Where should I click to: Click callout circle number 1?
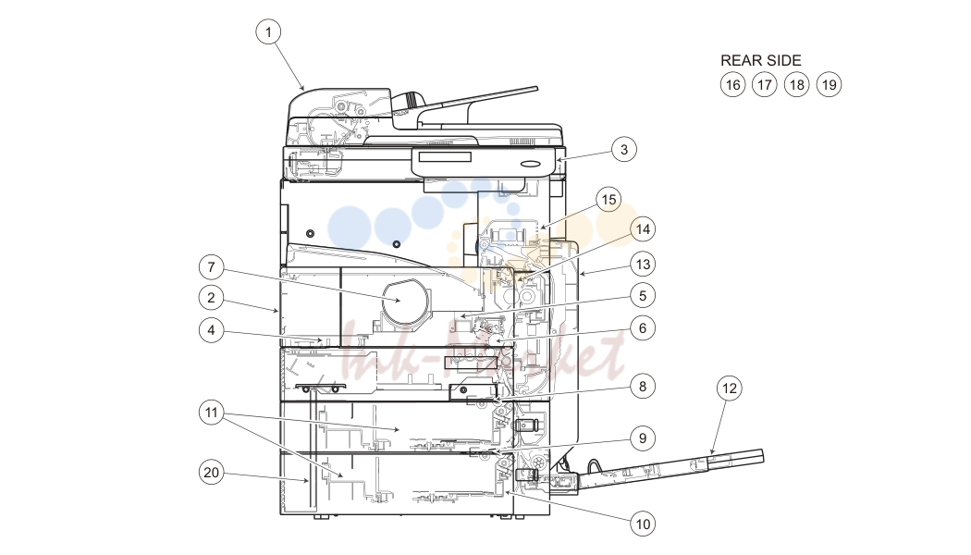point(268,31)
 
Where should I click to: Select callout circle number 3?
point(623,149)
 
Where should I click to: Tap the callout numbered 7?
point(211,267)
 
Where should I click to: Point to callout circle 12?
point(729,388)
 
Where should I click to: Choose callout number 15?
point(608,200)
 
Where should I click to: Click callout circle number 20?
point(211,473)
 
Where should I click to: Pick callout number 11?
point(211,413)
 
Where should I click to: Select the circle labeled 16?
point(732,85)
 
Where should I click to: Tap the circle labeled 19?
point(830,85)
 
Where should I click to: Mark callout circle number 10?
point(643,524)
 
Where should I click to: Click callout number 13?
point(643,265)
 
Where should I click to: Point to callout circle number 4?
point(211,330)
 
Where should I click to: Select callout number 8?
point(642,387)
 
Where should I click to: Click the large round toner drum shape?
point(403,301)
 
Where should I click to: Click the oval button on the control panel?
point(532,164)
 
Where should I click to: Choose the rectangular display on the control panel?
point(445,156)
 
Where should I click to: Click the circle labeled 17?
point(765,85)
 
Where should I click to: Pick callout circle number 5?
point(642,295)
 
